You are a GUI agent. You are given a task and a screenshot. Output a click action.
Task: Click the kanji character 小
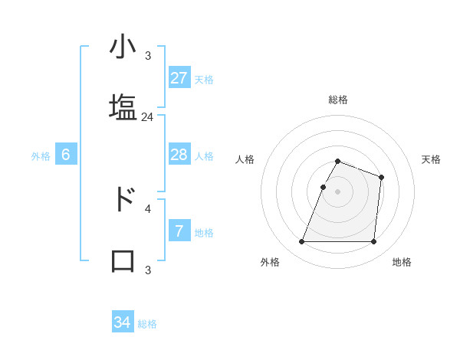click(123, 48)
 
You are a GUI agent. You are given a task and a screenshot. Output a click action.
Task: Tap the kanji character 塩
click(123, 106)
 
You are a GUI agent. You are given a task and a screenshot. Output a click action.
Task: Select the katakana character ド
click(123, 199)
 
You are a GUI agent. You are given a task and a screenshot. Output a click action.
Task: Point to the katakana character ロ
click(123, 260)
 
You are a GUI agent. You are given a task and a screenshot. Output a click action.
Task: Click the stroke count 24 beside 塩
click(148, 117)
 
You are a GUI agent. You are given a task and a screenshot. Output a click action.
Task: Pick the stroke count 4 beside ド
click(148, 208)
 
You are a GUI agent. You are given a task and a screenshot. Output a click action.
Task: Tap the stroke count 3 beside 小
click(148, 56)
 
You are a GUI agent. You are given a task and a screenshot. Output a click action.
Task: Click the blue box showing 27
click(179, 78)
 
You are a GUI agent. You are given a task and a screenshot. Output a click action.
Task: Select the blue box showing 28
click(179, 155)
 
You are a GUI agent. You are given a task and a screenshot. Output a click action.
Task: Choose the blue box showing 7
click(179, 231)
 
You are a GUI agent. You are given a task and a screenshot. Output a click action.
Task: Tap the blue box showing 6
click(65, 155)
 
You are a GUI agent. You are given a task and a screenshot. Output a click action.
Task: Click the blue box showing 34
click(122, 322)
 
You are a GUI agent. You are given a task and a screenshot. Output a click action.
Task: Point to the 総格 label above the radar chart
click(338, 100)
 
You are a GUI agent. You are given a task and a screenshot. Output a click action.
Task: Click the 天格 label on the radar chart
click(431, 159)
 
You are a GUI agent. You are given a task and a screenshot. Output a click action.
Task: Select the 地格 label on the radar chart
click(402, 262)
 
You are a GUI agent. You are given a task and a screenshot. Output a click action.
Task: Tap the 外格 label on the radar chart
click(270, 262)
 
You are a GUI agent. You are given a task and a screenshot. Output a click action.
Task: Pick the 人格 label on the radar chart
click(245, 159)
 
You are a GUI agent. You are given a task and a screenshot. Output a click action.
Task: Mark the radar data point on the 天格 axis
click(381, 177)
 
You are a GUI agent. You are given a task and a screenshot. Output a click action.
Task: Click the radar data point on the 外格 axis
click(302, 242)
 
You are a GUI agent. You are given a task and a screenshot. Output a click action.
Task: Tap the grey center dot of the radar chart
click(338, 191)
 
